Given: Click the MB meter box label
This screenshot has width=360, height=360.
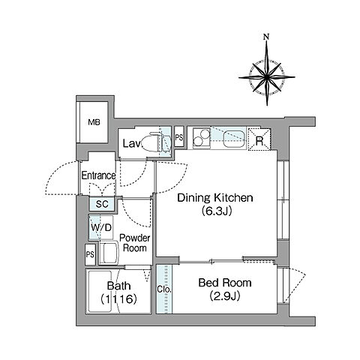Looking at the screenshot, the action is (x=94, y=122).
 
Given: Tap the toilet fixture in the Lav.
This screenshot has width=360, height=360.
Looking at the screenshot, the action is (x=150, y=142).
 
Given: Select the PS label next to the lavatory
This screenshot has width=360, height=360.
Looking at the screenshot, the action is (x=179, y=138).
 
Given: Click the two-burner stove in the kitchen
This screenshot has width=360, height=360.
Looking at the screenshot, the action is (x=202, y=138).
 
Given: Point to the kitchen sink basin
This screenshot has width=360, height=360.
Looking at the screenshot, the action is (x=234, y=139).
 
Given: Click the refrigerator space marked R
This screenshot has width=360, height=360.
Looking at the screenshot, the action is (x=259, y=139).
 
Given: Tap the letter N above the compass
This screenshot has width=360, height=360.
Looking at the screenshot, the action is (x=266, y=37).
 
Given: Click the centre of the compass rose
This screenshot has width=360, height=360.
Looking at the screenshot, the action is (x=267, y=77).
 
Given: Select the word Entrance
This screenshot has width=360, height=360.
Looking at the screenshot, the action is (x=98, y=175).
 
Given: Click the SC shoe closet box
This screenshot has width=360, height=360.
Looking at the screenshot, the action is (x=102, y=204).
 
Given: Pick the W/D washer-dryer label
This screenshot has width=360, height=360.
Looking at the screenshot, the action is (x=101, y=228).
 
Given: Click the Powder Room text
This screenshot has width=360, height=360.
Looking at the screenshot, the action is (x=135, y=243).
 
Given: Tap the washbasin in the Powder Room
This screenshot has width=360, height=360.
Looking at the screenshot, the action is (x=109, y=252).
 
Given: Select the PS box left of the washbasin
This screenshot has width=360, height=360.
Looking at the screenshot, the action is (x=90, y=254).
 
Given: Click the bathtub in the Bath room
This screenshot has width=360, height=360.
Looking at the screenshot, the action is (x=99, y=291).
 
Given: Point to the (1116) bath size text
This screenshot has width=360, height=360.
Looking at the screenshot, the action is (x=118, y=298).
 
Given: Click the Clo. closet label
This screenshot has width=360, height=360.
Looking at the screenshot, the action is (x=164, y=289).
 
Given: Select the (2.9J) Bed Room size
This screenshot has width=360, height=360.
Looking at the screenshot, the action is (x=225, y=296).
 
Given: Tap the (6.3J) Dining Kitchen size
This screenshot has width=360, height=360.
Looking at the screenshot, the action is (x=217, y=211).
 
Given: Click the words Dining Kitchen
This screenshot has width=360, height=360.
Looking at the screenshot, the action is (x=215, y=198).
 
